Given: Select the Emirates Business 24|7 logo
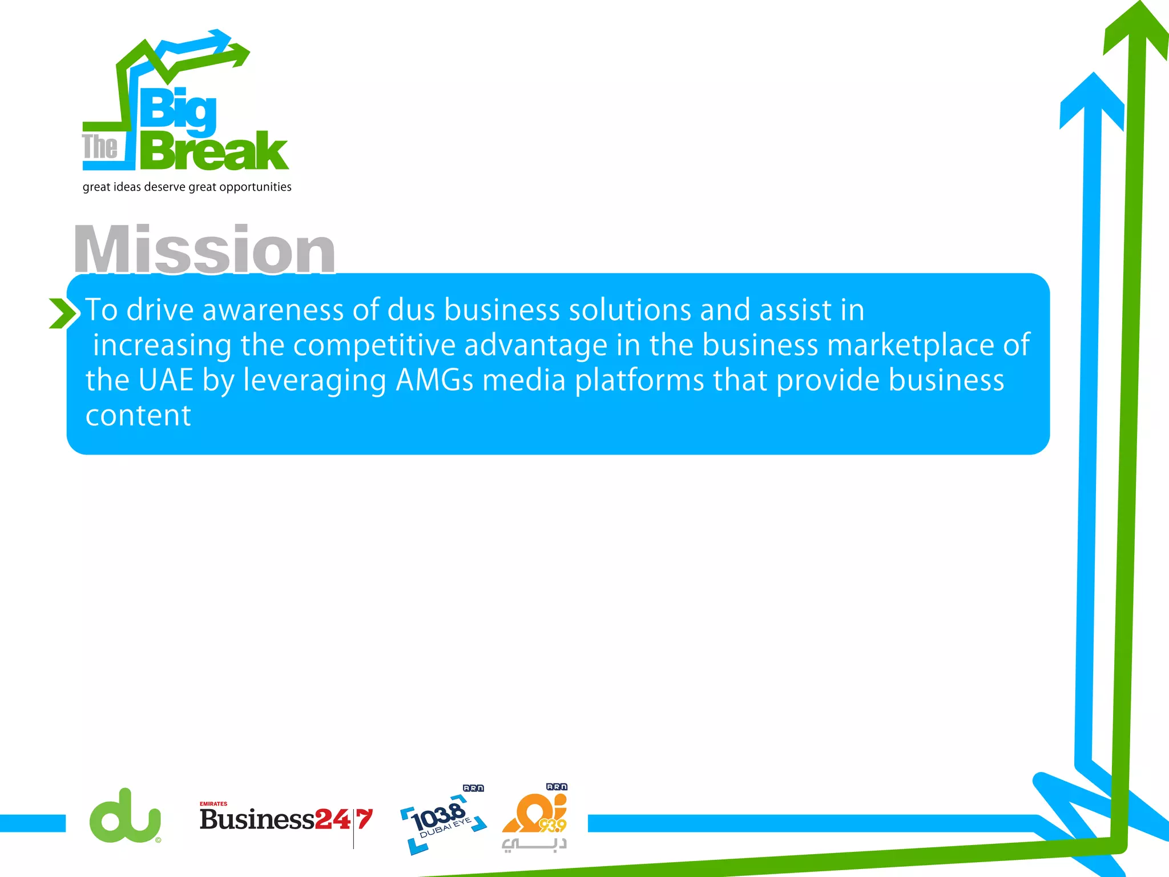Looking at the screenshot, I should coord(285,819).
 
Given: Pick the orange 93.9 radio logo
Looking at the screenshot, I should coord(535,816).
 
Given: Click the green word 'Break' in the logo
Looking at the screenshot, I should coord(214,151).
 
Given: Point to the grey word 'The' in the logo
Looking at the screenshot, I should coord(100,147).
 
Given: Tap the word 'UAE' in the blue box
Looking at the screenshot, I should coord(166,380).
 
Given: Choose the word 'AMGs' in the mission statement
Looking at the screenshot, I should coord(434,380).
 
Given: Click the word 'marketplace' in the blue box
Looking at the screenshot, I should coord(910,345).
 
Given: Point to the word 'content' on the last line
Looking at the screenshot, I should coord(138,416).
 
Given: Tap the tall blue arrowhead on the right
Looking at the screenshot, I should coord(1092,100).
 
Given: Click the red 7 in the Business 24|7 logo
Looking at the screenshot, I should coord(365,819).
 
